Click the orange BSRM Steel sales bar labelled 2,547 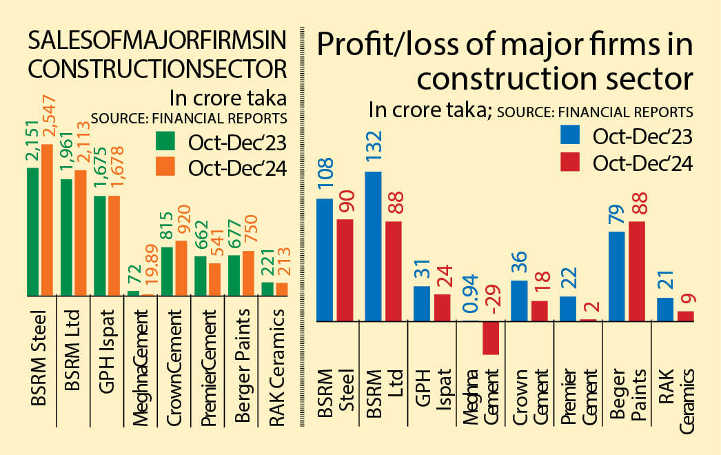(x=48, y=221)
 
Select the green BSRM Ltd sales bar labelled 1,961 (x=67, y=238)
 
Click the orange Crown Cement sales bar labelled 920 (x=181, y=268)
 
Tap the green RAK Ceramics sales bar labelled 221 (x=267, y=289)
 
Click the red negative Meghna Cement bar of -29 (x=490, y=338)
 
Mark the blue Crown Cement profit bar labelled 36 (x=519, y=301)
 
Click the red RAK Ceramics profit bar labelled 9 (x=685, y=316)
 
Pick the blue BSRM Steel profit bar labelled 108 (x=325, y=260)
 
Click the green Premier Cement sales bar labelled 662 (x=200, y=276)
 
